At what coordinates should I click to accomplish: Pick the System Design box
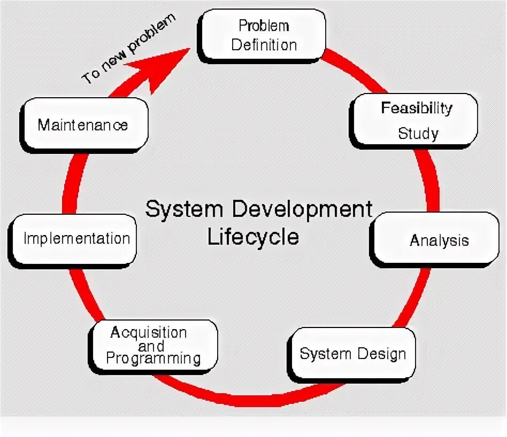[352, 354]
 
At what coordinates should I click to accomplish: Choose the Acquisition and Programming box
[153, 346]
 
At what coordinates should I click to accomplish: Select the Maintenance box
[83, 125]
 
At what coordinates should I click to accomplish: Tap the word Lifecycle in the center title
[253, 237]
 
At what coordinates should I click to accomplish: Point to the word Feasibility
[417, 108]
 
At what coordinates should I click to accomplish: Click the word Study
[418, 133]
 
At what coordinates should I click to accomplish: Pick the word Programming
[153, 358]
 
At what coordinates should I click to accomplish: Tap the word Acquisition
[149, 333]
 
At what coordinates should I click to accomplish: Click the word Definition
[264, 45]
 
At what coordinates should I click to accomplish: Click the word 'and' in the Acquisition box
[151, 346]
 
